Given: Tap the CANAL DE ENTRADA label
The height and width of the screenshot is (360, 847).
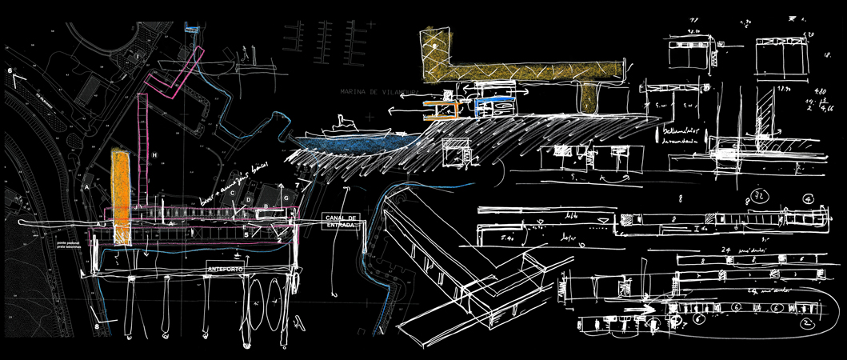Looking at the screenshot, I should click(341, 222).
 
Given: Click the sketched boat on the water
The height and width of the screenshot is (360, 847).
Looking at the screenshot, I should click(352, 128).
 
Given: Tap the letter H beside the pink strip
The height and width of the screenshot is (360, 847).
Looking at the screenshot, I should click(155, 154).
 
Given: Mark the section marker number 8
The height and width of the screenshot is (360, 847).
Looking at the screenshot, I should click(97, 326).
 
